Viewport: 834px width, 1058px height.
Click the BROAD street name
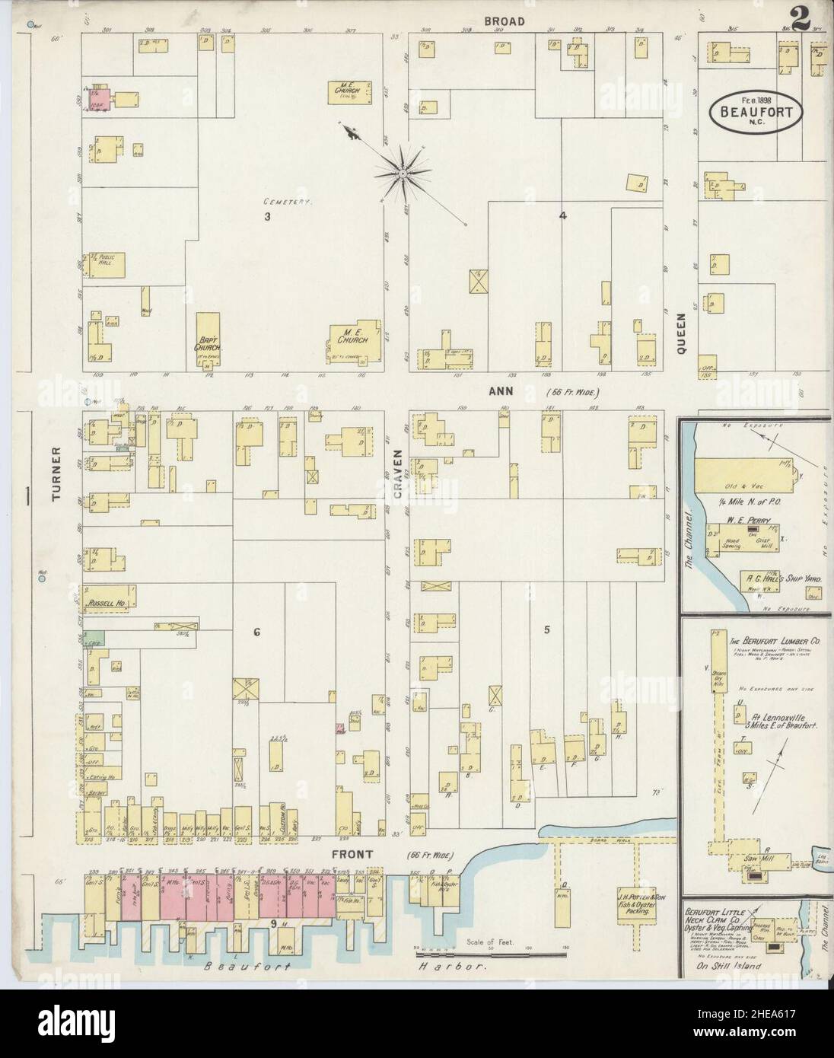[505, 21]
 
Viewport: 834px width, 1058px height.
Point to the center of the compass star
[400, 174]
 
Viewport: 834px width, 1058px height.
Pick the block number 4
[562, 215]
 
